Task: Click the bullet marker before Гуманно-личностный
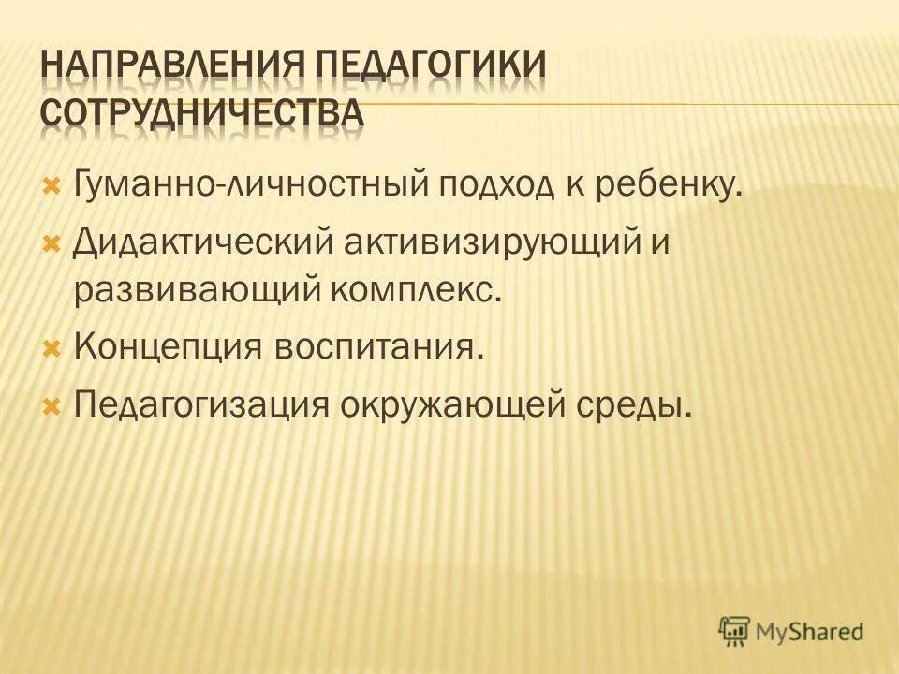click(52, 181)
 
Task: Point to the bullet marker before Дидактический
click(52, 242)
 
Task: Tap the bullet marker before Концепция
click(52, 347)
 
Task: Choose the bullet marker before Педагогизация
click(52, 403)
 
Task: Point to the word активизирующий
click(490, 243)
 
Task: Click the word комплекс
click(417, 291)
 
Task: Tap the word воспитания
click(380, 348)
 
